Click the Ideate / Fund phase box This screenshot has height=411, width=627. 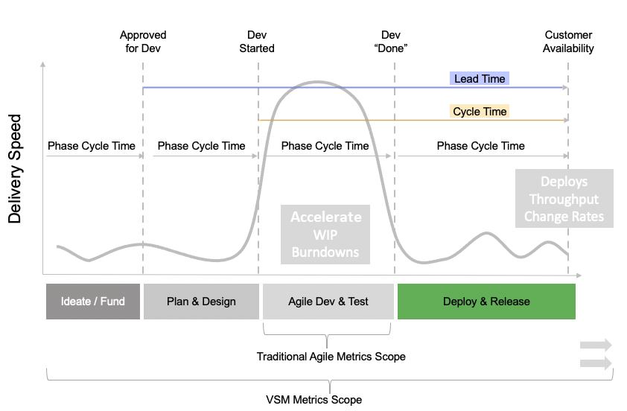[93, 302]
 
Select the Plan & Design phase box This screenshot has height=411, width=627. [201, 302]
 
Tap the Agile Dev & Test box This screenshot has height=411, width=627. [328, 302]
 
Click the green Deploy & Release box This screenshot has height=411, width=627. [486, 302]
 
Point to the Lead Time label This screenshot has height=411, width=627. [480, 79]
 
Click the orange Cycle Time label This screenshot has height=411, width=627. [480, 112]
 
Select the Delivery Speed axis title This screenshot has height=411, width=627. [15, 169]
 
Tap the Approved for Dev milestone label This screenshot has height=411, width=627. [143, 42]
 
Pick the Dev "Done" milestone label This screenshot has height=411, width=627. [391, 42]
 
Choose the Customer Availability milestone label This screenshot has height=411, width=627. [569, 42]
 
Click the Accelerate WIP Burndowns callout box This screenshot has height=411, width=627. [325, 234]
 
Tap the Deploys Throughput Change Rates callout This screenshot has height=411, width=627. [564, 199]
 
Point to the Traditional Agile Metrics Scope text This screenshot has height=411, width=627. [331, 357]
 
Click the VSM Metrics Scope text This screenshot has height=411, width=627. [314, 400]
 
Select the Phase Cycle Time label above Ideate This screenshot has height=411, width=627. [92, 146]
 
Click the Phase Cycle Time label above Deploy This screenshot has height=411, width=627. [481, 146]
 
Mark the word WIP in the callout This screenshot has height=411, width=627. [325, 235]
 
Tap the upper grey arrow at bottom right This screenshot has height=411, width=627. [596, 345]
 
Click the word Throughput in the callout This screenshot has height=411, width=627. [564, 200]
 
